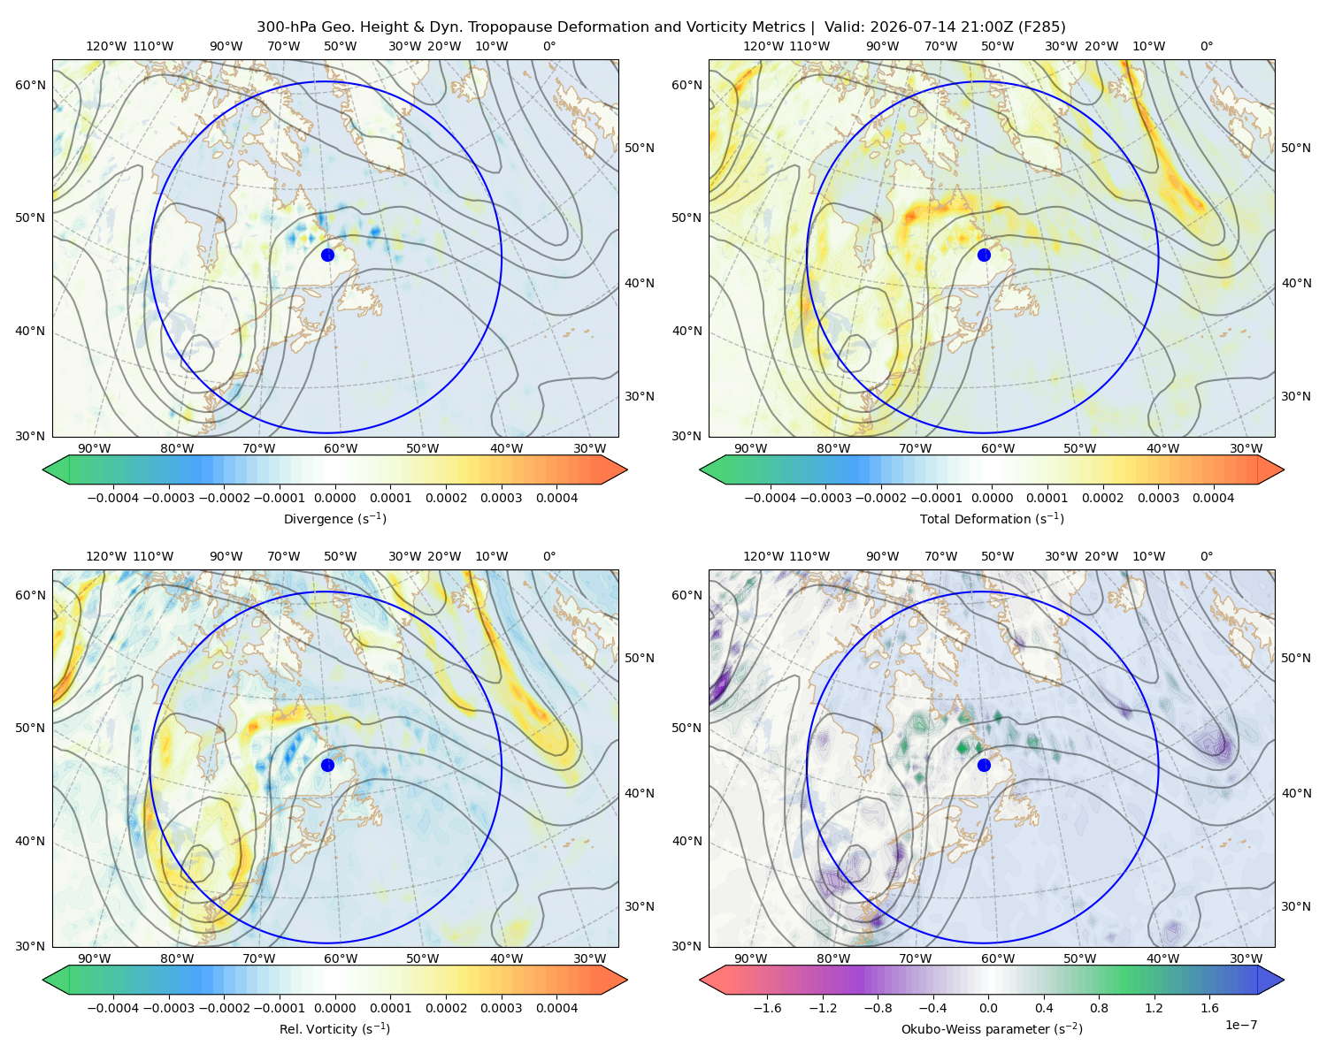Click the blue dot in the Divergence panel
(327, 255)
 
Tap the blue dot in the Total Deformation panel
(984, 255)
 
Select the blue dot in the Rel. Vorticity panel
(327, 765)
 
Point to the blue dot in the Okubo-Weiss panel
(984, 765)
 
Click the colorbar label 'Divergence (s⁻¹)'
(334, 518)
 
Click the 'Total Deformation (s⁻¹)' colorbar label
(992, 518)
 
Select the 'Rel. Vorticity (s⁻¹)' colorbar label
(334, 1028)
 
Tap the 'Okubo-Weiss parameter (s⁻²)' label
(992, 1028)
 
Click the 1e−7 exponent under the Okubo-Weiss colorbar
(1240, 1025)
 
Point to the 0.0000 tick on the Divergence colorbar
(334, 498)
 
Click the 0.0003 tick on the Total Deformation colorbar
(1158, 498)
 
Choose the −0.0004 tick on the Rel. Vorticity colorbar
(113, 1008)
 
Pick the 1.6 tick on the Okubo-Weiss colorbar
(1209, 1008)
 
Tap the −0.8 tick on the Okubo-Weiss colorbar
(878, 1008)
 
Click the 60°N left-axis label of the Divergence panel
(30, 85)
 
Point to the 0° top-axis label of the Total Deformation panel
(1206, 46)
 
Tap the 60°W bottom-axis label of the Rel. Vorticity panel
(341, 958)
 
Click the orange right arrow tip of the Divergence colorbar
(626, 469)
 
